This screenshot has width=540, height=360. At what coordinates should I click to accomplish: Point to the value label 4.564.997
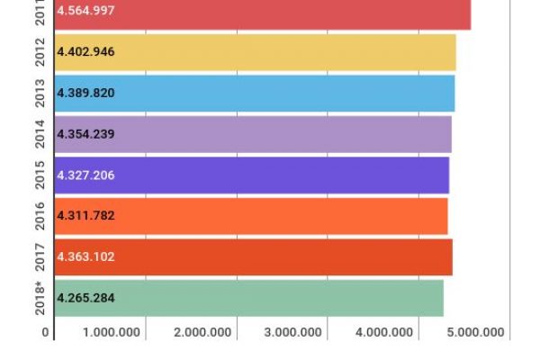coord(85,11)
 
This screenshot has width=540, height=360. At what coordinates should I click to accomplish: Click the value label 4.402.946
coord(85,52)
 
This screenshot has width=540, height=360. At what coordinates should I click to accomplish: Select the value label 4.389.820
coord(85,94)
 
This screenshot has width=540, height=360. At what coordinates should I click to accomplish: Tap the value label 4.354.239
coord(85,134)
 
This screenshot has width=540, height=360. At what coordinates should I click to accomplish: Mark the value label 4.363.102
coord(85,256)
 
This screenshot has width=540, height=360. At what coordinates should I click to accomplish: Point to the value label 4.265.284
coord(85,298)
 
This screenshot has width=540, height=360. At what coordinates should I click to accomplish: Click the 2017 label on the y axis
coord(40,256)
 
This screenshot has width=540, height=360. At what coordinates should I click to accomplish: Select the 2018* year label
coord(40,297)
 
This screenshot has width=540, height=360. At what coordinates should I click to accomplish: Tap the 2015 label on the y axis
coord(40,175)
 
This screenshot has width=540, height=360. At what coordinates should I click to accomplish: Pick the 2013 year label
coord(40,94)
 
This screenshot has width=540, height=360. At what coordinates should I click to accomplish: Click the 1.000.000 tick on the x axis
coord(112,333)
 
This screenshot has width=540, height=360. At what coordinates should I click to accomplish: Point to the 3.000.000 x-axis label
coord(293,333)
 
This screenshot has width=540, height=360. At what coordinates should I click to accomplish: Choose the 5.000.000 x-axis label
coord(475,333)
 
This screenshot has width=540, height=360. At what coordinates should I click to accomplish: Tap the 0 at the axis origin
coord(45,333)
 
